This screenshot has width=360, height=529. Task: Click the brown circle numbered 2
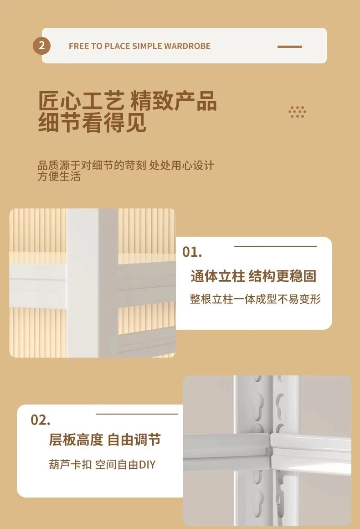point(41,46)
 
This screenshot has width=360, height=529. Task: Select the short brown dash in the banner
point(289,47)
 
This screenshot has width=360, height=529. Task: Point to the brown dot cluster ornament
point(297,112)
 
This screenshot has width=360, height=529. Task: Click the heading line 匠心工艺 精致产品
point(128,100)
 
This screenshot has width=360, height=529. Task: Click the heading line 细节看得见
point(93,123)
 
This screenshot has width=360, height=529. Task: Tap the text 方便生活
point(59,176)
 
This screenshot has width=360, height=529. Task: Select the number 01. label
point(192,252)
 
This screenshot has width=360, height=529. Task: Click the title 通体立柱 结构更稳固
point(253,276)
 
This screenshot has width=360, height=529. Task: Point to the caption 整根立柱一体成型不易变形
point(255,299)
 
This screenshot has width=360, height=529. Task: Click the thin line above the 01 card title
point(275,246)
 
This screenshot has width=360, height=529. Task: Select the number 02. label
point(41,420)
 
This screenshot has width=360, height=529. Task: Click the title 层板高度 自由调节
point(105,440)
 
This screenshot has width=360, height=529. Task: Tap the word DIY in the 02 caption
point(147,465)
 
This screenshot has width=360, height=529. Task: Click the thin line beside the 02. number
point(137,414)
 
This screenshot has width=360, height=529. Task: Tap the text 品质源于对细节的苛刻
point(92,165)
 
